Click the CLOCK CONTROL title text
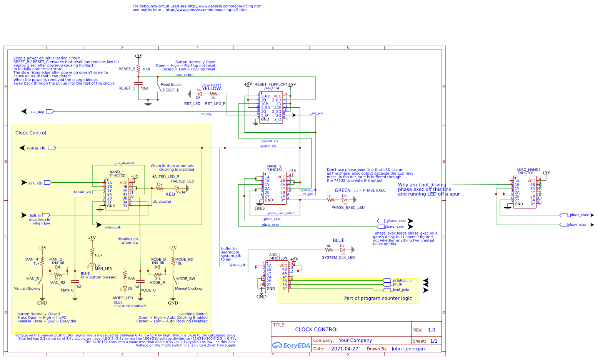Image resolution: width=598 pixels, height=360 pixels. coord(317,330)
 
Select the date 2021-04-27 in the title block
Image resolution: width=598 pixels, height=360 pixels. coord(344,349)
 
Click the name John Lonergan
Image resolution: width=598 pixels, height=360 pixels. coord(408,349)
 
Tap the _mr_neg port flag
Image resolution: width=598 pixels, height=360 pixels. coord(50,112)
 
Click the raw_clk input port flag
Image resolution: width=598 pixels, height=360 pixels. coord(48,183)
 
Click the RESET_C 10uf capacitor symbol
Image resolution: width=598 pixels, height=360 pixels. coord(138,83)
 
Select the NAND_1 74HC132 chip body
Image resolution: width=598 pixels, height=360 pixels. coord(117,194)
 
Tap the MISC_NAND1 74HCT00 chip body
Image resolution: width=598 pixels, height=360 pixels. coord(525,192)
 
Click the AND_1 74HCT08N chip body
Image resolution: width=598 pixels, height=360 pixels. coord(277,277)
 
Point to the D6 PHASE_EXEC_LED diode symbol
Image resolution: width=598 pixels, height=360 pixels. coord(344,200)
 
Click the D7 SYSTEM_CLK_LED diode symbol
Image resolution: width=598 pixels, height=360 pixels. coord(342,250)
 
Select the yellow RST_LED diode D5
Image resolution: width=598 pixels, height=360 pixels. coord(199,94)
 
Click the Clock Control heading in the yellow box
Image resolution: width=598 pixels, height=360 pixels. coord(31,133)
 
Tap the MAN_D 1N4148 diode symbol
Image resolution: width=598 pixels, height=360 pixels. coord(58,267)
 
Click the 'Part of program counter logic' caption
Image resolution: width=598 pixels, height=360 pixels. coord(378,298)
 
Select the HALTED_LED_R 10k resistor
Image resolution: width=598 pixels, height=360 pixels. coord(160,188)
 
